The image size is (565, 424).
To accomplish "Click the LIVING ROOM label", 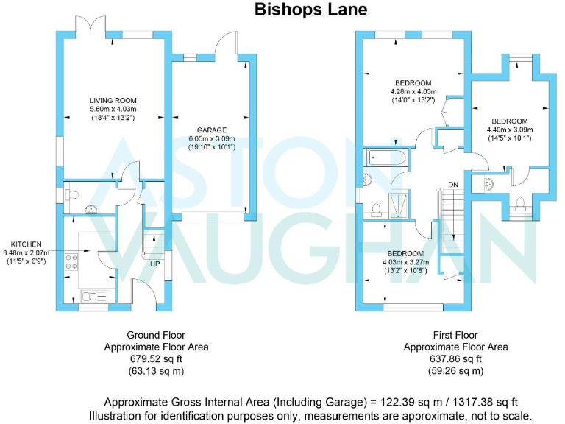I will (113, 101).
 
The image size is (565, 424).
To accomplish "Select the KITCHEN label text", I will (26, 244).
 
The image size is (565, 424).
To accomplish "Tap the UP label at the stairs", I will (155, 263).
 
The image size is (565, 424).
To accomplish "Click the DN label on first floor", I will (454, 185).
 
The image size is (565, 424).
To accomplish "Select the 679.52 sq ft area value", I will (156, 359).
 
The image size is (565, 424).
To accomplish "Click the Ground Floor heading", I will (156, 333).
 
